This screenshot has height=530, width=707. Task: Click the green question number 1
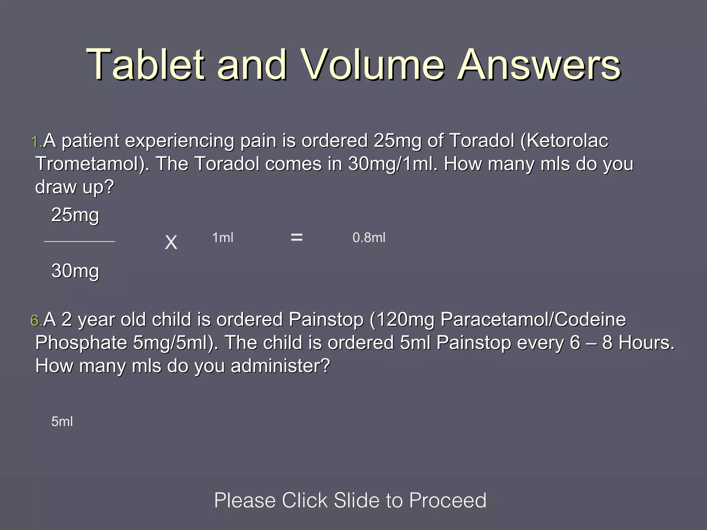point(36,142)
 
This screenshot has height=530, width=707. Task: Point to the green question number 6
point(36,321)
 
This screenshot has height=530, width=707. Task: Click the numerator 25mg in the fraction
point(75,215)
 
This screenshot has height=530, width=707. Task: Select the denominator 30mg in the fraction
point(75,271)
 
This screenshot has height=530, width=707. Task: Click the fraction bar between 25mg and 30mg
point(80,242)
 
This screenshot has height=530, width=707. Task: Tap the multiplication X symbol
point(171,242)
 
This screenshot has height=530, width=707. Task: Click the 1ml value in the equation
point(223,238)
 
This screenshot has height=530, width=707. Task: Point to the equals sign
point(297,237)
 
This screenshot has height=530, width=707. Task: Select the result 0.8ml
point(369,238)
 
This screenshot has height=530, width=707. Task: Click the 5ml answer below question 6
point(62,422)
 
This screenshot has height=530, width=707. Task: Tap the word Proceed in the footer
point(448,500)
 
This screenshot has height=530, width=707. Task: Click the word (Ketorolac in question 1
point(564,141)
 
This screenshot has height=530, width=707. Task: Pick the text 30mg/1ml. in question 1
point(393,164)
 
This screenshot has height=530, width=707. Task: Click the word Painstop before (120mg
point(326,320)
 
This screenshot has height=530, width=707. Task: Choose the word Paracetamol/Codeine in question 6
point(533,320)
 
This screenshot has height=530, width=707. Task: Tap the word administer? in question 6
point(280,366)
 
